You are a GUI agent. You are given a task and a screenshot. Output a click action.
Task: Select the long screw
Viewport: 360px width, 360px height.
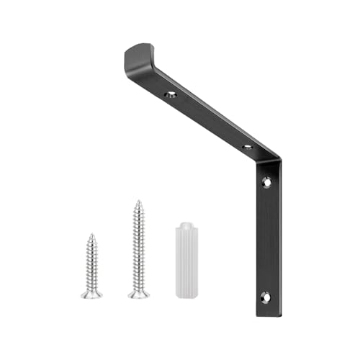[138, 248]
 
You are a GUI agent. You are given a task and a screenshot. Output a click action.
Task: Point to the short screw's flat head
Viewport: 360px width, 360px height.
[91, 294]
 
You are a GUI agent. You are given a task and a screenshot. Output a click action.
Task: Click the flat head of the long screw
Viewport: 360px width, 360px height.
[139, 293]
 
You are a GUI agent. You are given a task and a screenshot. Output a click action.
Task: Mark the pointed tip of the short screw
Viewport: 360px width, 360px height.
[91, 234]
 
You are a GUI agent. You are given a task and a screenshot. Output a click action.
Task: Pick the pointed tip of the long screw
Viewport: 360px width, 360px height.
[138, 202]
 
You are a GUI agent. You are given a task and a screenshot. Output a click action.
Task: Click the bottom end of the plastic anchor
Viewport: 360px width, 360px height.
[186, 293]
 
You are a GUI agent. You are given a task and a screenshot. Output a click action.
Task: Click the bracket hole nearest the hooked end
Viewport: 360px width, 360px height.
[171, 94]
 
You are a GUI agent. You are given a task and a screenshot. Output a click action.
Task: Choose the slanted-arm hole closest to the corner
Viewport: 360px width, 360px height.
[247, 147]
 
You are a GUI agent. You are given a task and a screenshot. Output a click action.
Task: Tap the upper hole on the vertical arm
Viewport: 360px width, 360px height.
[266, 182]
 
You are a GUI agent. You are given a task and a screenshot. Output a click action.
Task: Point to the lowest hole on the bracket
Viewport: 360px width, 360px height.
[265, 295]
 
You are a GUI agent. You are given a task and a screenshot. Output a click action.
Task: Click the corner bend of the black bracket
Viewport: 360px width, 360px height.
[271, 160]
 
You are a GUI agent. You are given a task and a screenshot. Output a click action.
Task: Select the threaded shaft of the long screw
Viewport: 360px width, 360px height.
[138, 245]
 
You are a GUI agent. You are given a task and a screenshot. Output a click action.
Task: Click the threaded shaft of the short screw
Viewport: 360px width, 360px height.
[91, 263]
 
